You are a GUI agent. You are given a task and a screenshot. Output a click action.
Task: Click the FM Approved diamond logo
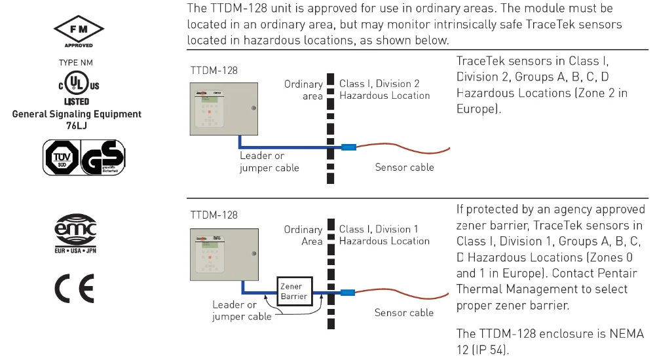[x=78, y=29]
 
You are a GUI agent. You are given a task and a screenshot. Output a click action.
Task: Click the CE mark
[x=77, y=286]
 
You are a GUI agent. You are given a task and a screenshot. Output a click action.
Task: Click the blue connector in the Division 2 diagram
[x=348, y=147]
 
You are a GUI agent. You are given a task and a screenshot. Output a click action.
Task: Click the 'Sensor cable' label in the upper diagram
[x=404, y=167]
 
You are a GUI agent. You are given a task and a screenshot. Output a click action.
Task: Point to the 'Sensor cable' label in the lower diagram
[x=404, y=312]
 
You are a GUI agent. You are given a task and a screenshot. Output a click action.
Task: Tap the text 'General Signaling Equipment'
[x=77, y=114]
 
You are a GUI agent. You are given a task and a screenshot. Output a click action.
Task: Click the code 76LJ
[x=77, y=124]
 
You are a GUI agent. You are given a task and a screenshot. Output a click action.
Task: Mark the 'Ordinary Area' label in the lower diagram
[x=303, y=236]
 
